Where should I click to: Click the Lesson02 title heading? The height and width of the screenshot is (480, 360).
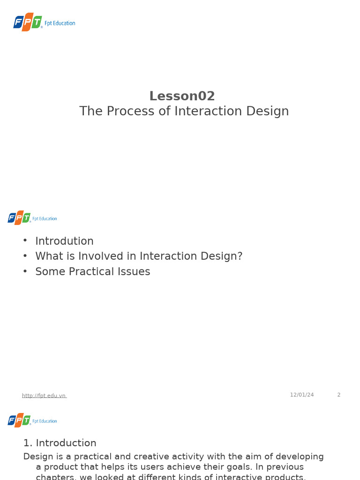tap(182, 96)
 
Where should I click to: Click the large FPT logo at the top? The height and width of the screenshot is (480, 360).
tap(28, 22)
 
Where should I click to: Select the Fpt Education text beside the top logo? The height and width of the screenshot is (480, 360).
tap(60, 23)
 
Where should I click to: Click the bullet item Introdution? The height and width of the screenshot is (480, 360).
tap(64, 241)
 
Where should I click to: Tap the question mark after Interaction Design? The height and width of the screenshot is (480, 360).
tap(240, 256)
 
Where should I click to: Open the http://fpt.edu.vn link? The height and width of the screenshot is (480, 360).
tap(44, 396)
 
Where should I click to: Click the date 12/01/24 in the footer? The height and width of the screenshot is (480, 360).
tap(302, 395)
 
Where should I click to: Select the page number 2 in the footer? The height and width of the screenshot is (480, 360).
tap(339, 395)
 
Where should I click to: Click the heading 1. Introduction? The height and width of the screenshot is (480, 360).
tap(60, 443)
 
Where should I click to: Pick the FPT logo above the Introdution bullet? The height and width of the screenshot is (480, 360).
tap(19, 217)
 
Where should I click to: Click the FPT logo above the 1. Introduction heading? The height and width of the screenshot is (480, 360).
tap(19, 420)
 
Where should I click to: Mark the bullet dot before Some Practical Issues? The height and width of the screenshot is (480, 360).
tap(25, 271)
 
